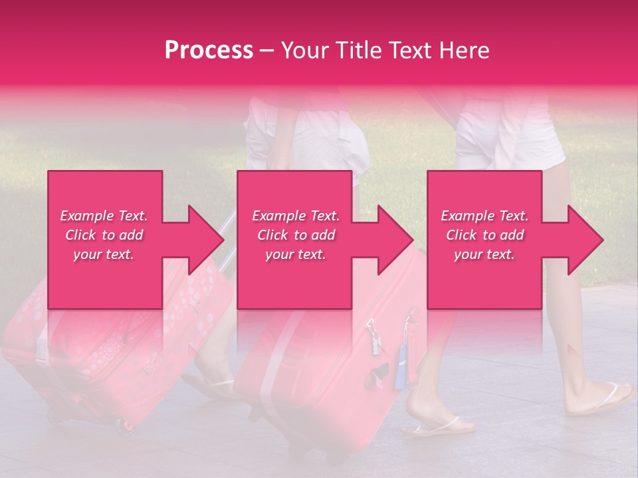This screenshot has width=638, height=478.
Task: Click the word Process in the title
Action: pos(209,50)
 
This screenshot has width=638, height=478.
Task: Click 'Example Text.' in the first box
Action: pos(104,216)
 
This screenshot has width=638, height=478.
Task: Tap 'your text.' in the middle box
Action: pos(295,254)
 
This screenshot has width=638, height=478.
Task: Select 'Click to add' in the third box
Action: pos(484,235)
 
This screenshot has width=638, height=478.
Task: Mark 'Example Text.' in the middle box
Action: pos(295,216)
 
